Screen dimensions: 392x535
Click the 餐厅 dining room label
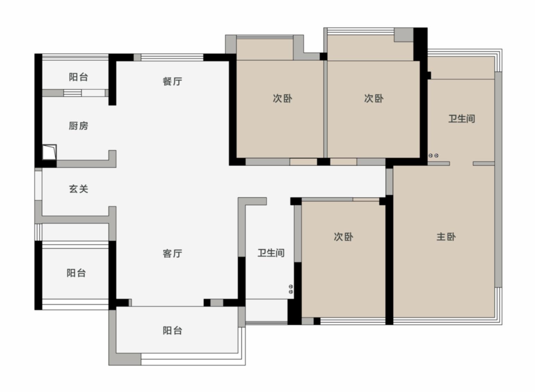pyautogui.click(x=172, y=82)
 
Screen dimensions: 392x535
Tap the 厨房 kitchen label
pyautogui.click(x=78, y=126)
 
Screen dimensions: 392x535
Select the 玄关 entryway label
pyautogui.click(x=78, y=189)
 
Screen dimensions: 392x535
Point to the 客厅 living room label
pyautogui.click(x=172, y=254)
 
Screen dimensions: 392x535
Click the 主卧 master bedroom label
pyautogui.click(x=446, y=237)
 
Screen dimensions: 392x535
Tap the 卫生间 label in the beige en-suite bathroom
pyautogui.click(x=461, y=119)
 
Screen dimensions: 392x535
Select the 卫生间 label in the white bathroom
pyautogui.click(x=271, y=253)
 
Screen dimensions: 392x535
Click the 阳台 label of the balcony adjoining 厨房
pyautogui.click(x=78, y=77)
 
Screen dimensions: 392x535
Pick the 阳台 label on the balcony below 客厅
pyautogui.click(x=172, y=331)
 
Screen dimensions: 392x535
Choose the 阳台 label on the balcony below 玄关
pyautogui.click(x=76, y=273)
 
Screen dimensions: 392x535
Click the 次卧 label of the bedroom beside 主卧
pyautogui.click(x=343, y=237)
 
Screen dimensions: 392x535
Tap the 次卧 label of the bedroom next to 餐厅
pyautogui.click(x=282, y=99)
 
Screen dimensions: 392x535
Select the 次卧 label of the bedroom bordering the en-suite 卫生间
pyautogui.click(x=374, y=99)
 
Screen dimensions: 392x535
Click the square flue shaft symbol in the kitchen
pyautogui.click(x=49, y=152)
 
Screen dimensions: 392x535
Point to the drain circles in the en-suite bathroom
pyautogui.click(x=433, y=156)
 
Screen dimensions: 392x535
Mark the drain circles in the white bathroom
pyautogui.click(x=291, y=289)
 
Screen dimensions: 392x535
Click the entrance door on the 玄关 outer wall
pyautogui.click(x=38, y=185)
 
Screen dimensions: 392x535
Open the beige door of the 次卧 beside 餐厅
pyautogui.click(x=303, y=162)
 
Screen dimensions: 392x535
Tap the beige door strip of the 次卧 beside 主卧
pyautogui.click(x=366, y=199)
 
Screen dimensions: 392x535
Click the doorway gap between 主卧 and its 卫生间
pyautogui.click(x=461, y=163)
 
